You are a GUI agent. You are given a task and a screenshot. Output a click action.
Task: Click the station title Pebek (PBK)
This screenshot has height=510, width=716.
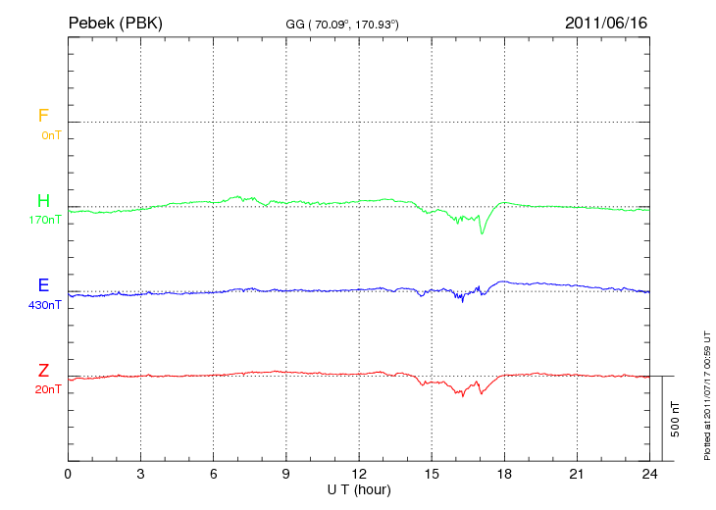tap(115, 22)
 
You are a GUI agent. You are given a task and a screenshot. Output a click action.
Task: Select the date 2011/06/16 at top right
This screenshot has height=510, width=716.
tap(605, 22)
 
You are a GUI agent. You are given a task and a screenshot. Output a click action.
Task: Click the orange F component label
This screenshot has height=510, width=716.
tap(43, 116)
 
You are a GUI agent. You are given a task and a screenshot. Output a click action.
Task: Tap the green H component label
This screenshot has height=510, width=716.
tap(43, 201)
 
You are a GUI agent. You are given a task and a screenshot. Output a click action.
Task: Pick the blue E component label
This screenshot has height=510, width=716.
tap(43, 285)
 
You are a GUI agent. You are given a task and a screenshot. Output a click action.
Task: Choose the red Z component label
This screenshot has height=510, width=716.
tap(43, 371)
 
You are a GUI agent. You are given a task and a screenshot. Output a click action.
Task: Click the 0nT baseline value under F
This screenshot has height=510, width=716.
tap(51, 135)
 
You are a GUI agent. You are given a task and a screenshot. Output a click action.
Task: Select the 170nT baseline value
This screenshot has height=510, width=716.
tap(45, 221)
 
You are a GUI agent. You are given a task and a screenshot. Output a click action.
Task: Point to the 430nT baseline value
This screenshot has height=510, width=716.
tap(45, 305)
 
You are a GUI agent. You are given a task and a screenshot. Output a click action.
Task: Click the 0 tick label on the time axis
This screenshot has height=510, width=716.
tap(68, 475)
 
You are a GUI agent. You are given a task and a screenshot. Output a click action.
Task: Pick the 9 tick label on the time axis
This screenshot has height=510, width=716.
tap(285, 475)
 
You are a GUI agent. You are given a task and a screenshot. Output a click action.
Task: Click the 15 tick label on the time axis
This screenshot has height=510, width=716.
tap(432, 475)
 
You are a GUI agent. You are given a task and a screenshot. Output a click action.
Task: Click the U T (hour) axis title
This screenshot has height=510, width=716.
tap(359, 488)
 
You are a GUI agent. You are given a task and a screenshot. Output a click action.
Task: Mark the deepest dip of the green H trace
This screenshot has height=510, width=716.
tap(482, 233)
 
